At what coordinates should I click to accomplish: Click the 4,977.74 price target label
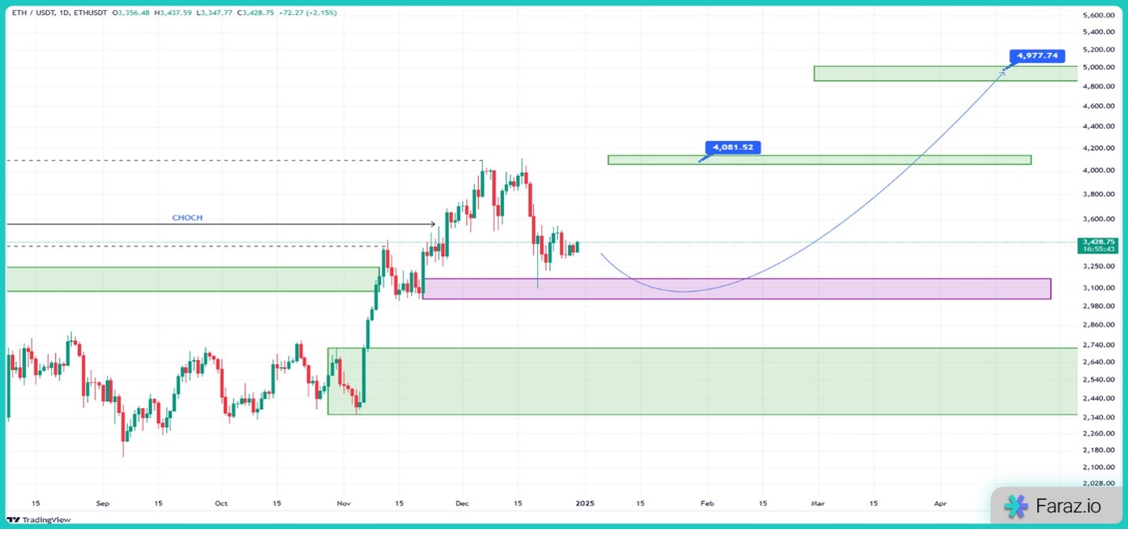point(1036,56)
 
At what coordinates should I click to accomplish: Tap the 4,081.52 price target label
point(732,147)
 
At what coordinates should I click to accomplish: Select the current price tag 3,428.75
point(1098,242)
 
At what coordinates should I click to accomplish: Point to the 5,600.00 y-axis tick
point(1098,15)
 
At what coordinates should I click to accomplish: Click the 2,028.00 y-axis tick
point(1098,482)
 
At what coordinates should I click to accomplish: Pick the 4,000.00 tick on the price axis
point(1098,170)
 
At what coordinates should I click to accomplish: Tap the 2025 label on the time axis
point(585,502)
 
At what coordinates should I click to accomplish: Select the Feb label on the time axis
point(707,502)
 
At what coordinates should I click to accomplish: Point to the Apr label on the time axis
point(939,502)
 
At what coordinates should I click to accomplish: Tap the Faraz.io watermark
point(1056,506)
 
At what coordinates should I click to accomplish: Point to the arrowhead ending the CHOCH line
point(433,224)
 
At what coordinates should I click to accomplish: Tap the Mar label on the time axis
point(818,502)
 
